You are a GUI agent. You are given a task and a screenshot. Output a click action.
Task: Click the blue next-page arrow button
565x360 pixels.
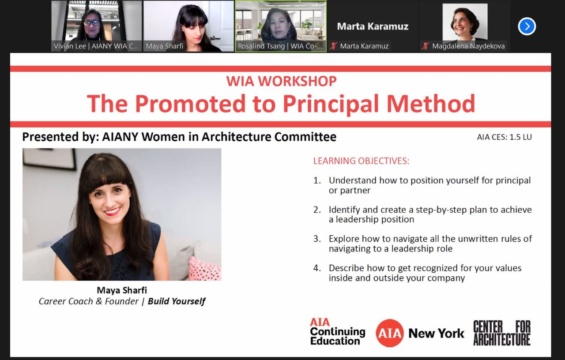pyautogui.click(x=527, y=26)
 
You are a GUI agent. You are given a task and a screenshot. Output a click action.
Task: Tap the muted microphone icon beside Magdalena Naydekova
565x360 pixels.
pyautogui.click(x=426, y=46)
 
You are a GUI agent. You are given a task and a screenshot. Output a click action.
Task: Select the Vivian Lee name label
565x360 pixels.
pyautogui.click(x=95, y=46)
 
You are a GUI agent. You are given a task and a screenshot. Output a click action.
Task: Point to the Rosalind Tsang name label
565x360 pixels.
pyautogui.click(x=280, y=46)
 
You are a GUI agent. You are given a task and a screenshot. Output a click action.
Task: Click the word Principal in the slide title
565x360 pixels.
pyautogui.click(x=331, y=104)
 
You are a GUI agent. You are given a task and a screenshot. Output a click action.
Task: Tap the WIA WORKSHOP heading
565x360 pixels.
pyautogui.click(x=281, y=81)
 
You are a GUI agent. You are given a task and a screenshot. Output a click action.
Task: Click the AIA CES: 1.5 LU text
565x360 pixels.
pyautogui.click(x=504, y=137)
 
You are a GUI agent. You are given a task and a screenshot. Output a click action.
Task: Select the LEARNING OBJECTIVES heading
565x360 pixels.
pyautogui.click(x=361, y=161)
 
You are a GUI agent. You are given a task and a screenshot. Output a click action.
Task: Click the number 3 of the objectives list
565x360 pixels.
pyautogui.click(x=316, y=239)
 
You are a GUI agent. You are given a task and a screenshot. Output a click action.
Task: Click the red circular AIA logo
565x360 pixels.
pyautogui.click(x=390, y=333)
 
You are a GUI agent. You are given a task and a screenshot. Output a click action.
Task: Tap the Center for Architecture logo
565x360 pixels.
pyautogui.click(x=502, y=333)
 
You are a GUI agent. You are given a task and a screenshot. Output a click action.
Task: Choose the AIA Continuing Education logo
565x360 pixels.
pyautogui.click(x=337, y=332)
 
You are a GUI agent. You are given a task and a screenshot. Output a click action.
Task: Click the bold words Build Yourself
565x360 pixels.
pyautogui.click(x=177, y=302)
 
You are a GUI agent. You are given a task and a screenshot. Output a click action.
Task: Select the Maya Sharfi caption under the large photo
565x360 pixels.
pyautogui.click(x=122, y=290)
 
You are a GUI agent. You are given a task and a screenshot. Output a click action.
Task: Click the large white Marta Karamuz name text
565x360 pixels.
pyautogui.click(x=373, y=26)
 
